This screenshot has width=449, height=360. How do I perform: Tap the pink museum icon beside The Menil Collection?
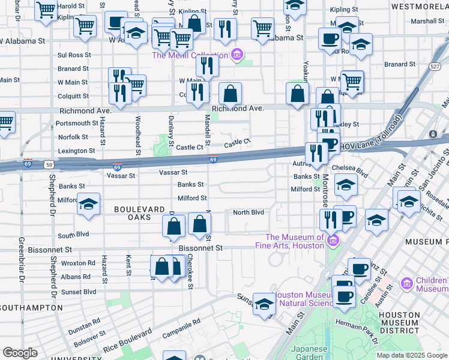click(237, 55)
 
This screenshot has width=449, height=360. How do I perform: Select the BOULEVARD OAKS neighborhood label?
click(139, 214)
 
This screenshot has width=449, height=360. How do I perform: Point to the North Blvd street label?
click(249, 212)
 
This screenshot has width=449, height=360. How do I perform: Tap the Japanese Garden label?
click(309, 352)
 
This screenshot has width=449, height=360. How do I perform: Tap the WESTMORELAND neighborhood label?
click(419, 7)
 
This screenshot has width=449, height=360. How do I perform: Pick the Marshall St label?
click(427, 21)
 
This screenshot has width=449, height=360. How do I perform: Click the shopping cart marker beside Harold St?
click(46, 11)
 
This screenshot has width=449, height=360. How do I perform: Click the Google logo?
click(20, 353)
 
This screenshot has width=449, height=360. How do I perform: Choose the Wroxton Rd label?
click(78, 263)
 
